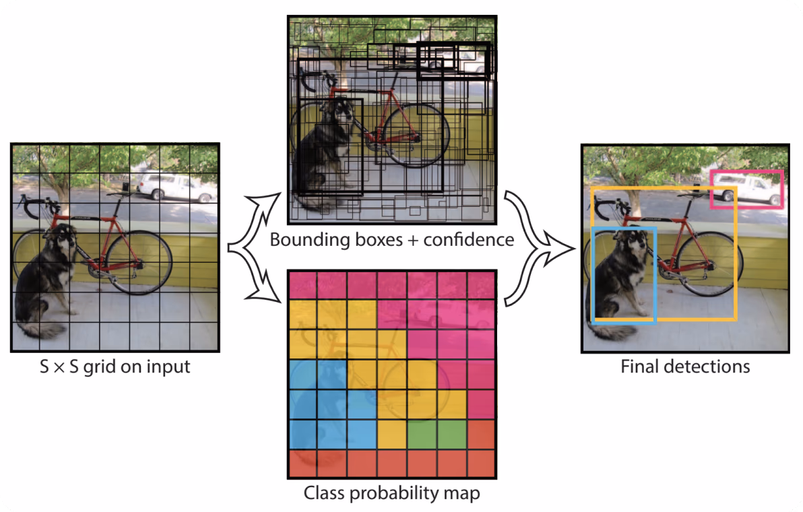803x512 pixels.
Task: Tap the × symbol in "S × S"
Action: (59, 368)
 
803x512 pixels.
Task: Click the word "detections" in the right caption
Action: (707, 366)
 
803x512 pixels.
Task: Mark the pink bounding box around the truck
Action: (746, 172)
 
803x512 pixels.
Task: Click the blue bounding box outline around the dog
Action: (593, 276)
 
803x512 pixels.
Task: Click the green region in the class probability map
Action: (437, 434)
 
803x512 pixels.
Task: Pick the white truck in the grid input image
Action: (175, 187)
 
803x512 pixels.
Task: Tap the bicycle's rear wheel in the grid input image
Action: (139, 262)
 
